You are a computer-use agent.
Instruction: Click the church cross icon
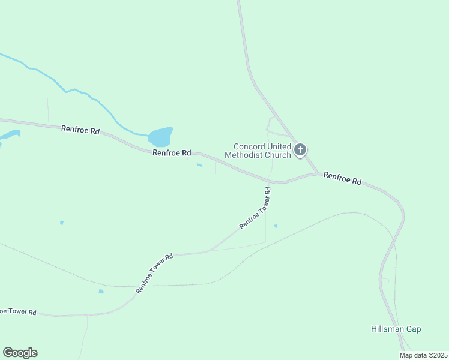pyautogui.click(x=300, y=149)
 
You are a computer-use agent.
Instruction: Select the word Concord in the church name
pyautogui.click(x=249, y=146)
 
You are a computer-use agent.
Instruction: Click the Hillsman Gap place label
pyautogui.click(x=396, y=329)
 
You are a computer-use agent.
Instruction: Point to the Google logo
pyautogui.click(x=20, y=353)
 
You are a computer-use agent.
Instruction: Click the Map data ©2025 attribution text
pyautogui.click(x=424, y=355)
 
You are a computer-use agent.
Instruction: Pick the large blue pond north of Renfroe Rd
pyautogui.click(x=160, y=137)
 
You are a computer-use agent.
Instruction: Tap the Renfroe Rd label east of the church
pyautogui.click(x=342, y=178)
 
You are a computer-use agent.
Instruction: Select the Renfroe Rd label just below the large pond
pyautogui.click(x=172, y=153)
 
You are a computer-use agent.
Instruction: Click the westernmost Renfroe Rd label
pyautogui.click(x=80, y=130)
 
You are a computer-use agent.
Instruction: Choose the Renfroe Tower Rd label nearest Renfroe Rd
pyautogui.click(x=256, y=208)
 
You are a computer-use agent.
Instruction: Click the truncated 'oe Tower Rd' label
pyautogui.click(x=19, y=312)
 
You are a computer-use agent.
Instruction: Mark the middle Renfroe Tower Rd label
pyautogui.click(x=154, y=273)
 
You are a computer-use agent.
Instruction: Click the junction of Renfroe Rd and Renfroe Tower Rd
pyautogui.click(x=270, y=181)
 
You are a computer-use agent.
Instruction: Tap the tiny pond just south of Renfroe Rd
pyautogui.click(x=199, y=166)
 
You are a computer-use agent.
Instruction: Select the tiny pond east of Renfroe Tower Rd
pyautogui.click(x=276, y=226)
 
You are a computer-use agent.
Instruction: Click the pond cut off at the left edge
pyautogui.click(x=9, y=134)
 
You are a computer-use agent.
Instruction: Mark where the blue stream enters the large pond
pyautogui.click(x=149, y=134)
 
